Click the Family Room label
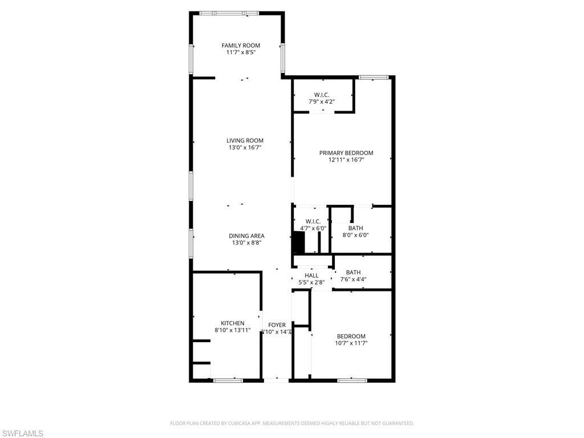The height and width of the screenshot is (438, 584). coord(241,46)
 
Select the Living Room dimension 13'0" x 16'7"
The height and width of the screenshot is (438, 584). coord(245,148)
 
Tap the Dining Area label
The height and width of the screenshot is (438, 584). coord(246,236)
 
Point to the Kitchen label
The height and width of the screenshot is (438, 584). coord(233,323)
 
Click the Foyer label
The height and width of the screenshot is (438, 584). coord(277,325)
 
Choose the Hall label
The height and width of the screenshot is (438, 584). coord(311,275)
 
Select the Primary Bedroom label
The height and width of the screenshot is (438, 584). coord(346,153)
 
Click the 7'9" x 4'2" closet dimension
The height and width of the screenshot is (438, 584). coord(321,102)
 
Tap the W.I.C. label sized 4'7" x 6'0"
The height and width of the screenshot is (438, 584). coord(313,221)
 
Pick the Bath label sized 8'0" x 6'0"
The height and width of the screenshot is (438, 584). coord(355,228)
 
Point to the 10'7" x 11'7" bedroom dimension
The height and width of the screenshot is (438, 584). coord(351,343)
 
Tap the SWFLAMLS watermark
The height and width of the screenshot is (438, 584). coord(22,434)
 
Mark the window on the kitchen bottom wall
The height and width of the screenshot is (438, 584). coord(228,379)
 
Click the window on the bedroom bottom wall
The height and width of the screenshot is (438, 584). coord(351,379)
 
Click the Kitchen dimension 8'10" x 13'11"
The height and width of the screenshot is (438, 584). coord(233,330)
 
